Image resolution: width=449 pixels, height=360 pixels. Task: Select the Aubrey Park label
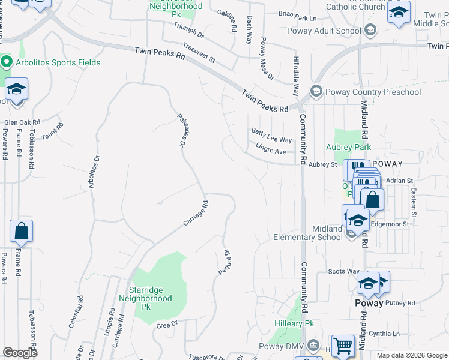[x=348, y=147]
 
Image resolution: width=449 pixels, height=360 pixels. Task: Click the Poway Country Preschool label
[x=373, y=92]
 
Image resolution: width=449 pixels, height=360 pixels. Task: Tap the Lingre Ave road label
[x=270, y=151]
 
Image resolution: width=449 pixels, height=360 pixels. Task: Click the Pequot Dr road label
[x=223, y=262]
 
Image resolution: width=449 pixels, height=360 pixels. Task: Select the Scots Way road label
[x=343, y=272]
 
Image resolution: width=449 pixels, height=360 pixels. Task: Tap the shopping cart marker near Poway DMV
[x=343, y=346]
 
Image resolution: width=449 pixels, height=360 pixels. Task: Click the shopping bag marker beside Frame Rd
[x=21, y=232]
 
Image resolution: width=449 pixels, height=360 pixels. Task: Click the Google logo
[x=20, y=353]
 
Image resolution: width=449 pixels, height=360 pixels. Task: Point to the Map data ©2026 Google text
[x=411, y=355]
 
